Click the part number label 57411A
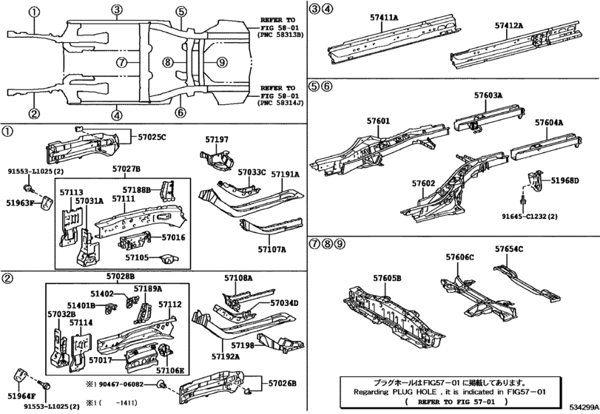tap(384, 17)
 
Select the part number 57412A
tap(509, 26)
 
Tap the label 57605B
tap(387, 278)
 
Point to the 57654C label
tap(509, 249)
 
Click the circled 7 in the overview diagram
tap(121, 62)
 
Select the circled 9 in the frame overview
tap(221, 62)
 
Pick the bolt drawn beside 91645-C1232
tap(523, 200)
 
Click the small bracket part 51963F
tap(47, 202)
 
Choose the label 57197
tap(217, 140)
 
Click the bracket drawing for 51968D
tap(536, 180)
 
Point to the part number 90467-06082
tap(121, 384)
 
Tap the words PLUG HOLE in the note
tap(411, 391)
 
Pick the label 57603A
tap(488, 95)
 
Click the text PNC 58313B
tap(281, 35)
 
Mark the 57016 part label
tap(173, 237)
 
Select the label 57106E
tap(170, 370)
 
